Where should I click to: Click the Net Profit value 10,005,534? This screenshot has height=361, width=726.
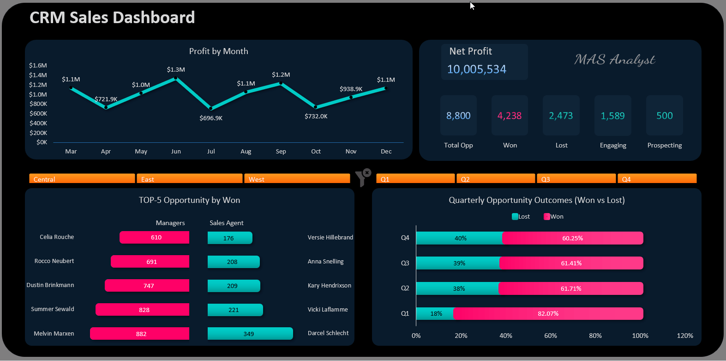477,69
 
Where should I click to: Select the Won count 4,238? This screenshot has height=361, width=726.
510,116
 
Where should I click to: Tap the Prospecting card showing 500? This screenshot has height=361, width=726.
664,116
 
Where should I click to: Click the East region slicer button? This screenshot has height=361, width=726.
189,179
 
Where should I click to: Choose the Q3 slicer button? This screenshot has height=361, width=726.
576,179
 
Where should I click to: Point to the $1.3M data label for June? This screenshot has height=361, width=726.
176,69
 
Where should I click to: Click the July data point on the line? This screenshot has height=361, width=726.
211,109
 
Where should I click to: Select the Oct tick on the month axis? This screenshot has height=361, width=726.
316,151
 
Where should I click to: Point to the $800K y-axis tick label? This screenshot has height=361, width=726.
38,104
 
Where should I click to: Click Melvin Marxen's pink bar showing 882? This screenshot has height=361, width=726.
140,334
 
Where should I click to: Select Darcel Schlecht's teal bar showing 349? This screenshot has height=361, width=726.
250,334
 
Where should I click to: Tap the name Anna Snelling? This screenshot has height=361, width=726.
325,261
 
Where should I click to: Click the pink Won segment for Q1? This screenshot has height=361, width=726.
548,313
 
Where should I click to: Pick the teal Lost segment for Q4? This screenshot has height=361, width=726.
459,238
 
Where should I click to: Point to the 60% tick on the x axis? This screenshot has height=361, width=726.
550,336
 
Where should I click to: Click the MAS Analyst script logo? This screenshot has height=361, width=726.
614,60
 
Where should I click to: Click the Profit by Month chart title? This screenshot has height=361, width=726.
218,51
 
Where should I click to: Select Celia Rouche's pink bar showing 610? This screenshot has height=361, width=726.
155,237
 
